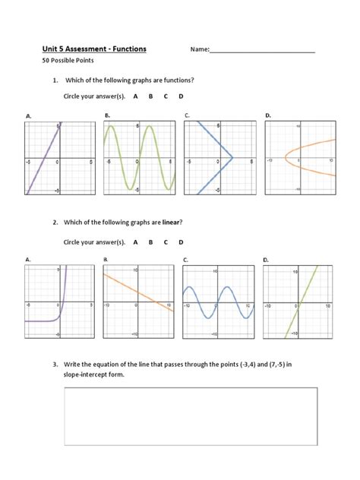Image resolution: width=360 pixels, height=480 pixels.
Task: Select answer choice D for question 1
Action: (x=181, y=97)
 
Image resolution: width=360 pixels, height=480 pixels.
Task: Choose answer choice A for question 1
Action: (x=135, y=97)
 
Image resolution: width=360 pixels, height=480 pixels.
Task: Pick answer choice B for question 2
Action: (x=150, y=242)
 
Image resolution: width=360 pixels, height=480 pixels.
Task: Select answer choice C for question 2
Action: (x=166, y=242)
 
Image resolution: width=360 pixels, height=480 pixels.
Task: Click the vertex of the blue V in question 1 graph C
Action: (x=232, y=159)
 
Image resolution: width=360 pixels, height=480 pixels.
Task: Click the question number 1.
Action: (x=55, y=81)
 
